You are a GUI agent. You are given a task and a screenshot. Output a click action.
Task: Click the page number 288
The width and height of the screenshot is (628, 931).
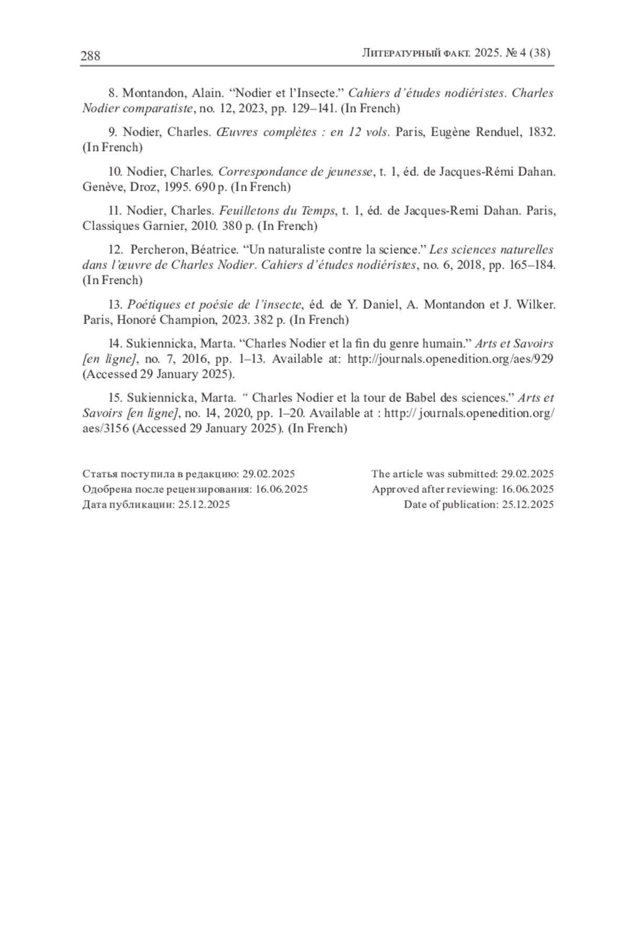pos(90,56)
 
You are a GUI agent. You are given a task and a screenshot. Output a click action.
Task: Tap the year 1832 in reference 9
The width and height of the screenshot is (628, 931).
pos(542,132)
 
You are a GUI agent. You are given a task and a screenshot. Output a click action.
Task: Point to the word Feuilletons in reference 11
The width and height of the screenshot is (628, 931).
pos(248,211)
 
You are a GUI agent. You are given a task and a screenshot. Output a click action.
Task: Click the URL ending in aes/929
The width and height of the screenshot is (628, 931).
pos(451,359)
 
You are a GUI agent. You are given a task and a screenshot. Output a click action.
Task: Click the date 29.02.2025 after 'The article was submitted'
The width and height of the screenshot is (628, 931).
pos(528,474)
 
